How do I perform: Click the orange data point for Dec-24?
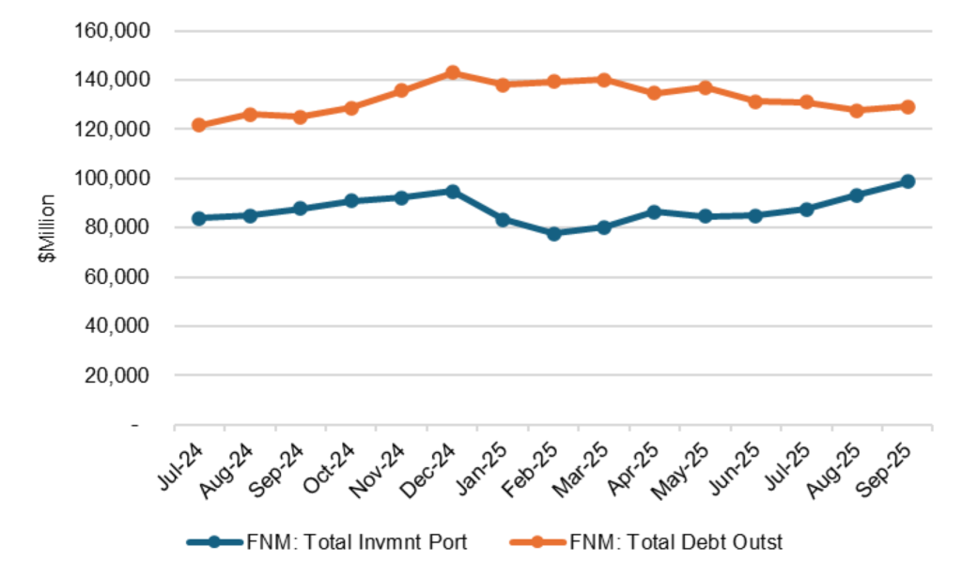(x=452, y=72)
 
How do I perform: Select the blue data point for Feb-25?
(x=553, y=233)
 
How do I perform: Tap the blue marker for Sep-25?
(x=908, y=181)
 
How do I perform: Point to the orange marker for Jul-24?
(x=198, y=125)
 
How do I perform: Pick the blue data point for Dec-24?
(x=452, y=192)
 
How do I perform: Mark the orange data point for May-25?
(x=706, y=87)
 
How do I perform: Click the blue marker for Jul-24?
(x=198, y=218)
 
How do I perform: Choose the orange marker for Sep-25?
(x=908, y=107)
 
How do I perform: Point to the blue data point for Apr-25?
(x=655, y=212)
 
